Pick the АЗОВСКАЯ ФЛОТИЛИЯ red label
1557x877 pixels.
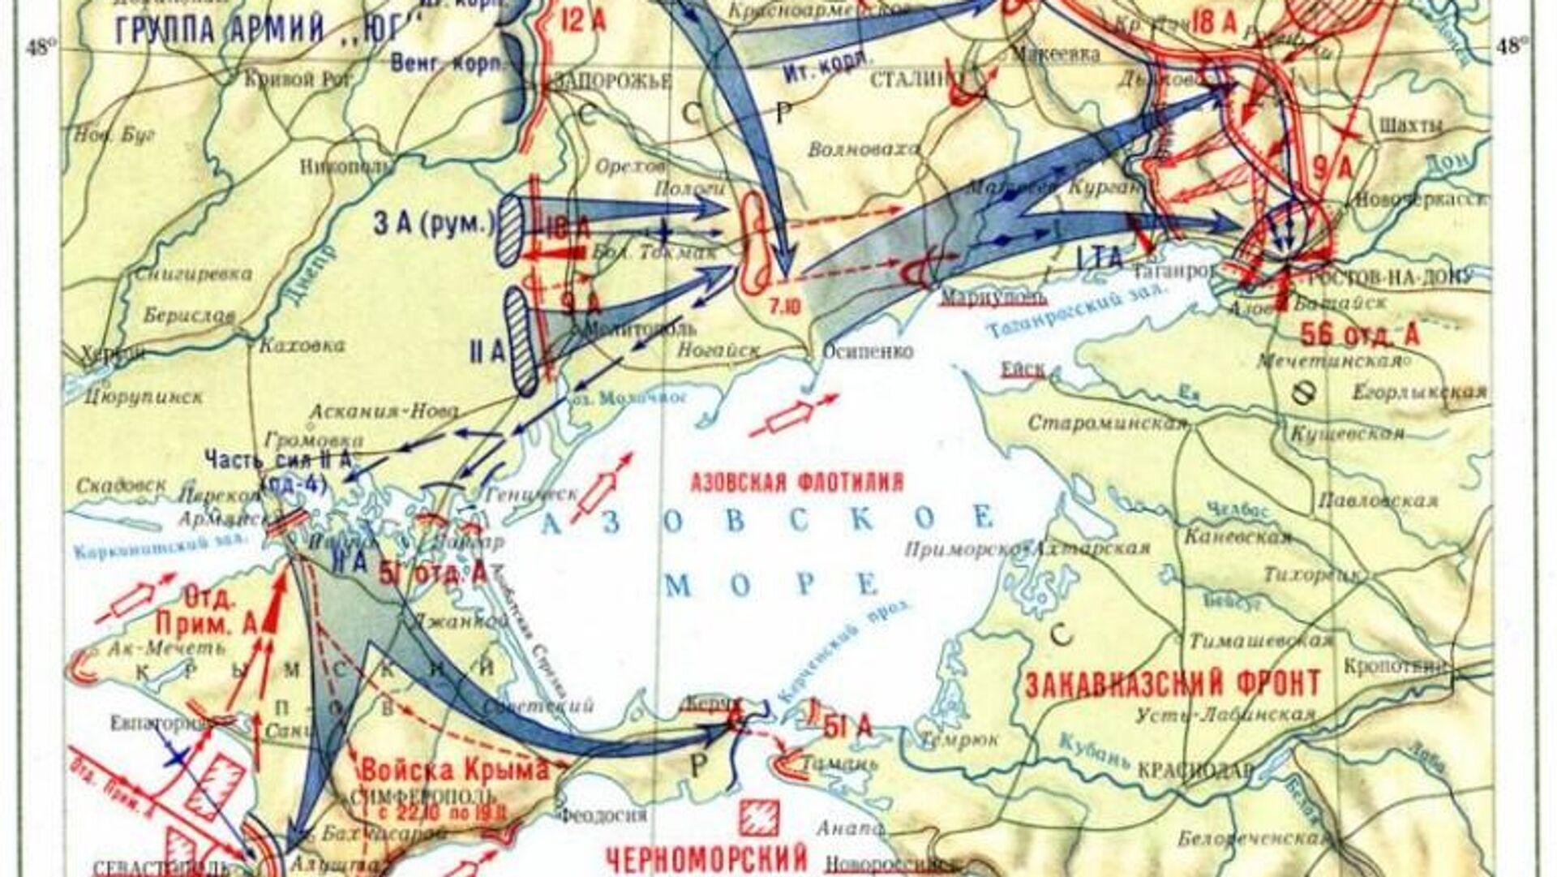tap(796, 484)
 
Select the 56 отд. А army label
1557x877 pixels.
tap(1359, 334)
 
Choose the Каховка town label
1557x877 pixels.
tap(302, 346)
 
